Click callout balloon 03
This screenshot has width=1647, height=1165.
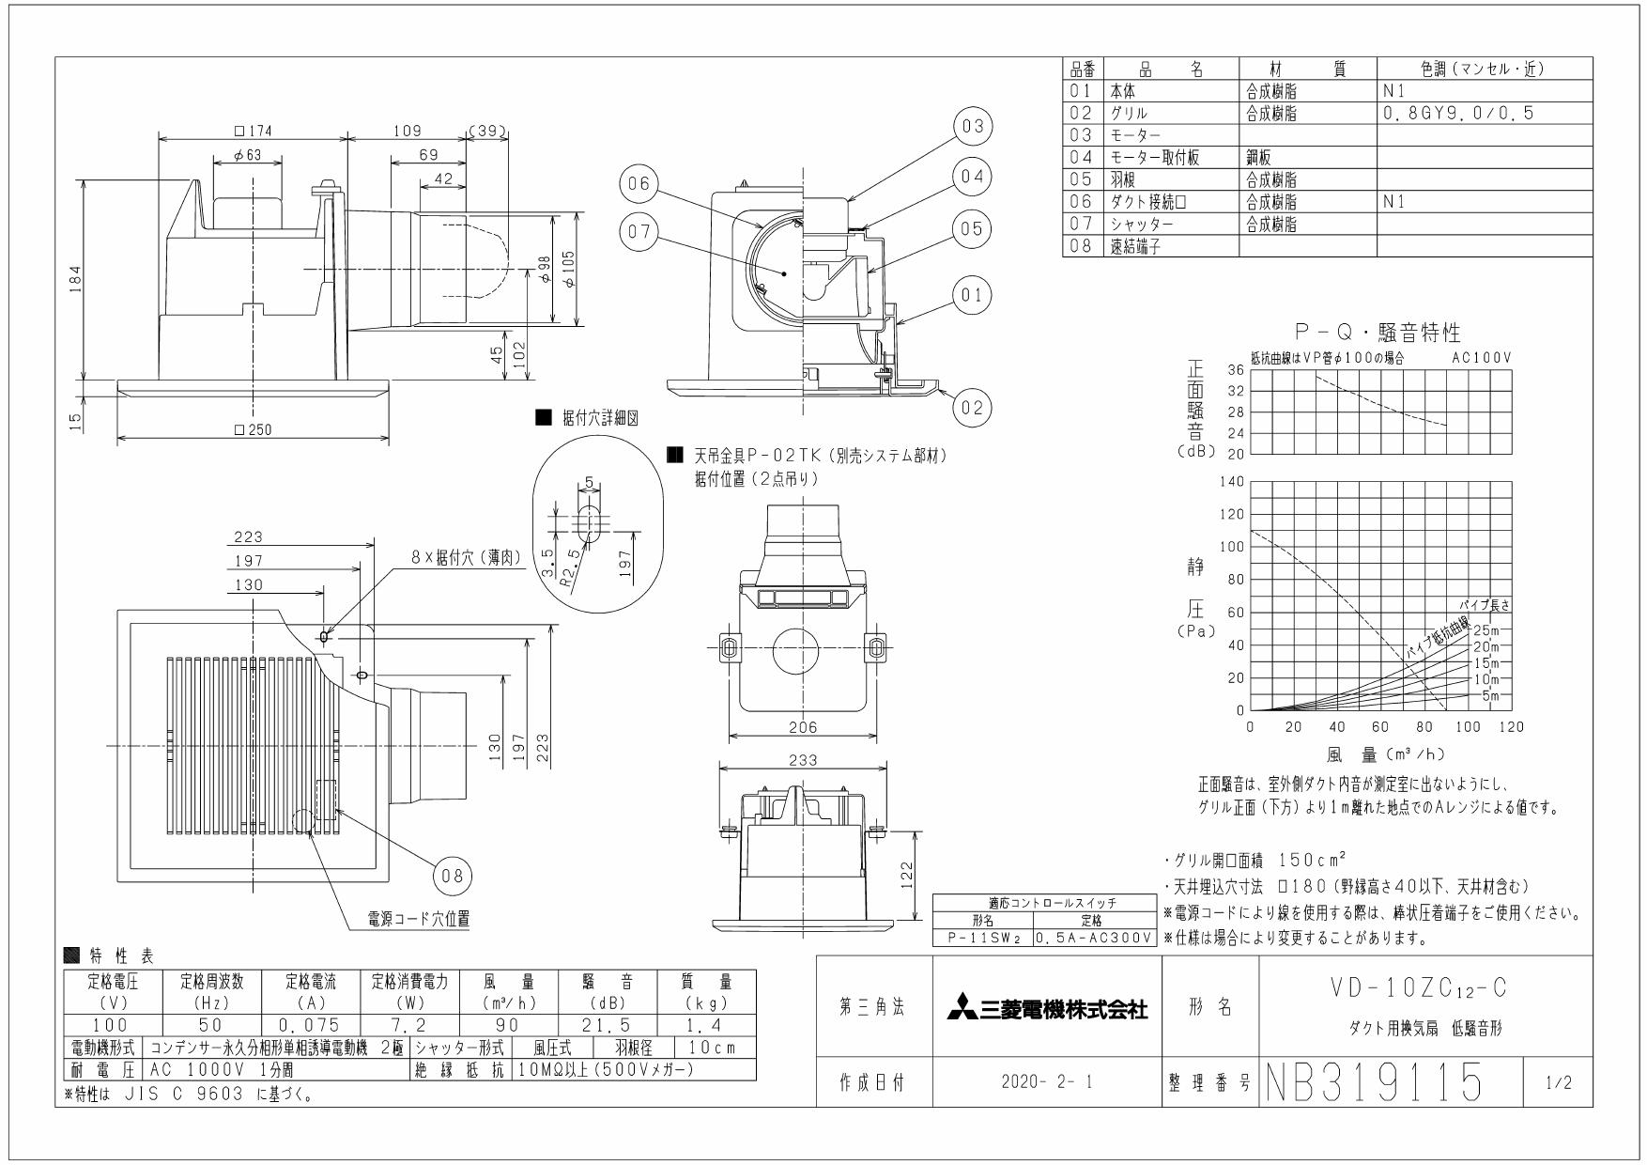pos(973,126)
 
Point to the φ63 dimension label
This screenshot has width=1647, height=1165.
pos(247,155)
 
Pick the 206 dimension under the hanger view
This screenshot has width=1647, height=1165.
pos(803,726)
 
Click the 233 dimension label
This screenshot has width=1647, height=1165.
pos(803,759)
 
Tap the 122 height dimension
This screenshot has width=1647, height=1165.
pos(906,875)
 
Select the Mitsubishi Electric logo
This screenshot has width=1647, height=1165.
pos(1046,1010)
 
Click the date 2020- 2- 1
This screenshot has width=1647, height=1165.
pos(1046,1082)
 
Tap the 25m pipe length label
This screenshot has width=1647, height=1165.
pos(1486,629)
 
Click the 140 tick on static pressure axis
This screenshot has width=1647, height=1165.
pos(1232,482)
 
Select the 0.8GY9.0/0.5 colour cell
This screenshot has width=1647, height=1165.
pos(1457,113)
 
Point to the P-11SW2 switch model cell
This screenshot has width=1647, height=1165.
pos(981,938)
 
